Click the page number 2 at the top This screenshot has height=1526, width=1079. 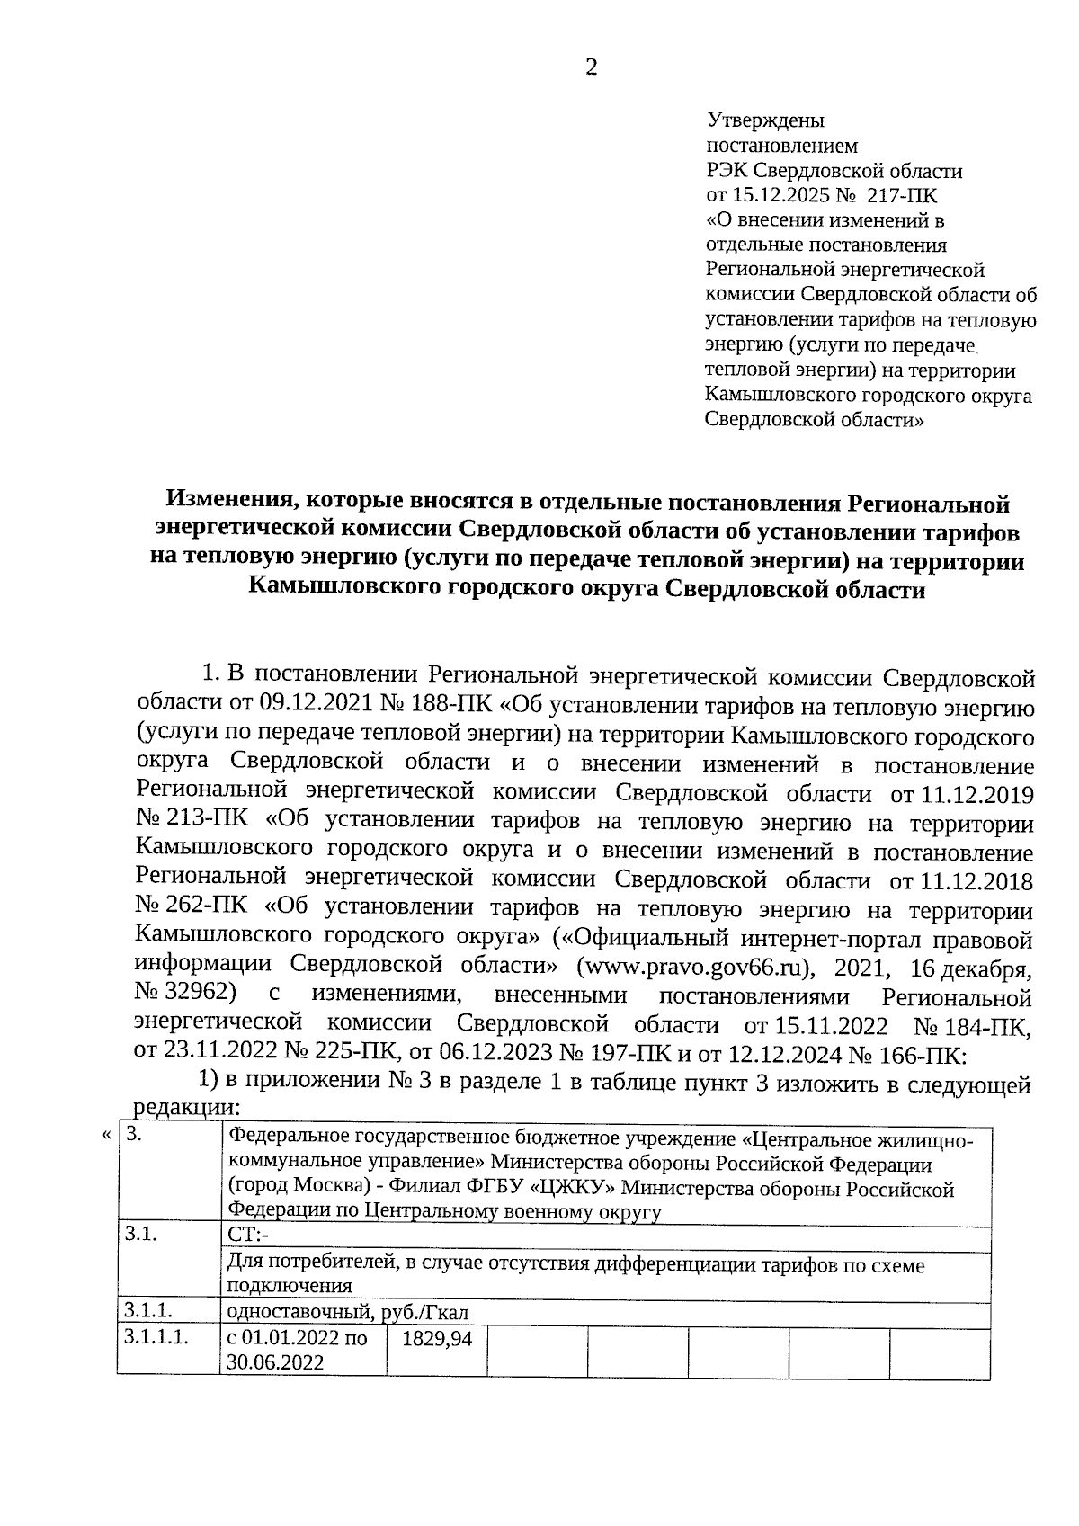pyautogui.click(x=591, y=68)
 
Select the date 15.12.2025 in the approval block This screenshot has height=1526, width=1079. pyautogui.click(x=784, y=195)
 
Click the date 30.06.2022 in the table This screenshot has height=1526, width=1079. pyautogui.click(x=275, y=1363)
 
